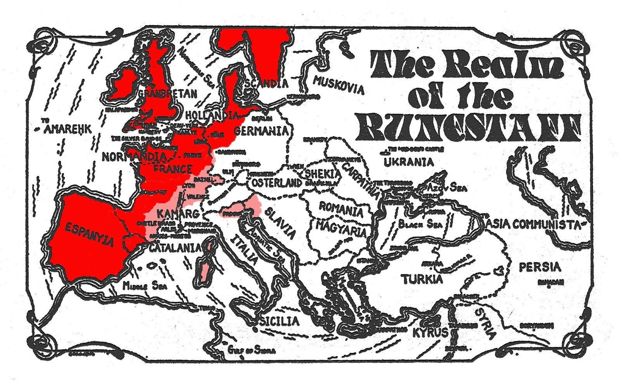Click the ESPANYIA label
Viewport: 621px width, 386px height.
click(89, 234)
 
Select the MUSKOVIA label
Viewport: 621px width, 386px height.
click(338, 85)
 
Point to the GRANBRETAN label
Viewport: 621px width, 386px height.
click(168, 93)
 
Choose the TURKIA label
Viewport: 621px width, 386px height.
click(422, 279)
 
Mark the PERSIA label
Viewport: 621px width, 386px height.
click(540, 267)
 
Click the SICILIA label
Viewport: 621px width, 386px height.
click(279, 321)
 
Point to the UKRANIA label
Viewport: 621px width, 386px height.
click(408, 162)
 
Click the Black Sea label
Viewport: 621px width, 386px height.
click(420, 224)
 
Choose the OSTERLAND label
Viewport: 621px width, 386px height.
click(276, 182)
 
